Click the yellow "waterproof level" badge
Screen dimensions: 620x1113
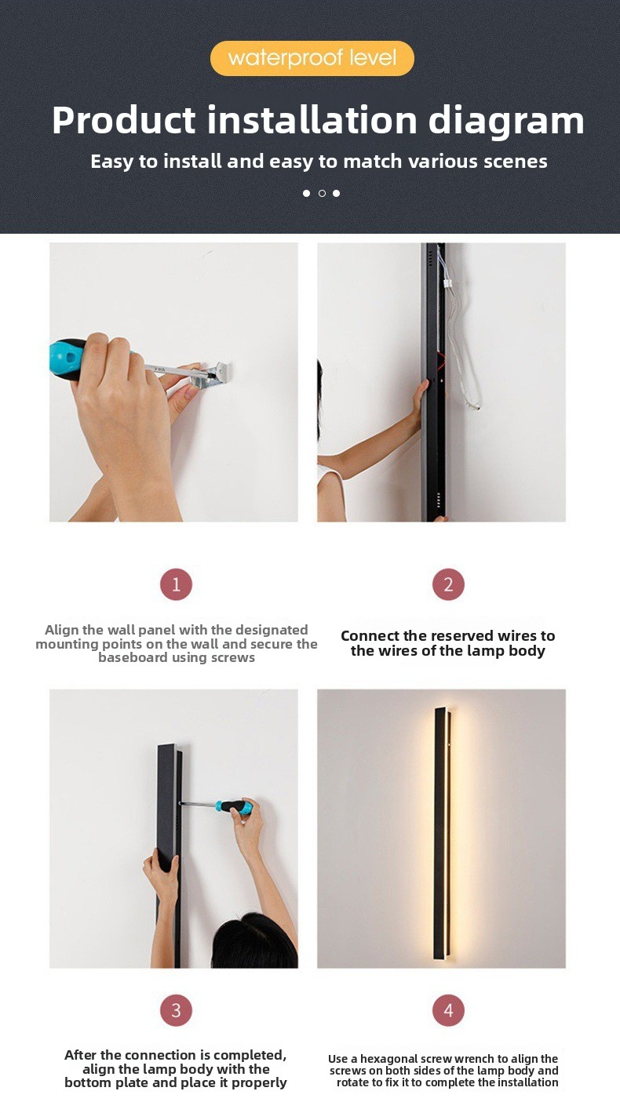(x=312, y=58)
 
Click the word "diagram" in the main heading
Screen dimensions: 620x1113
(x=506, y=121)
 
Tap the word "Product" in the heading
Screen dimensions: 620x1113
(x=124, y=120)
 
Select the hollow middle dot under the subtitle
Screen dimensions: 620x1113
(x=322, y=193)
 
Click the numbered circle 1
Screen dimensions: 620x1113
(x=176, y=584)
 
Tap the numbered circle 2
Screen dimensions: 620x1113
(x=448, y=584)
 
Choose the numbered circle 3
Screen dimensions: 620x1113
(x=176, y=1010)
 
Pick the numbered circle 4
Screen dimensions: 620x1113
(x=448, y=1010)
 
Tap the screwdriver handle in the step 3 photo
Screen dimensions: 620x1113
(x=235, y=806)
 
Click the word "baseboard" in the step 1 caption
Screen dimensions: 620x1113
(x=133, y=657)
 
